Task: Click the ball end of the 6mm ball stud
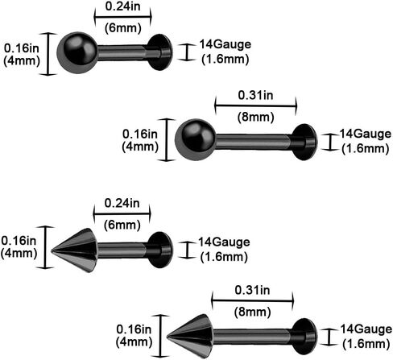[x=77, y=52]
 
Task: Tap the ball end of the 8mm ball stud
[x=195, y=139]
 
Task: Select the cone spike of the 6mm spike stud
[x=75, y=250]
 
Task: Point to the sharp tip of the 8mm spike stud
[x=167, y=336]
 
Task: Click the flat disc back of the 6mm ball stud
[x=160, y=52]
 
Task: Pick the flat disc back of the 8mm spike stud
[x=304, y=337]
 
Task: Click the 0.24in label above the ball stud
[x=122, y=6]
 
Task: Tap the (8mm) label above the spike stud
[x=252, y=312]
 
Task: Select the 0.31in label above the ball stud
[x=255, y=95]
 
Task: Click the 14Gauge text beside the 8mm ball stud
[x=366, y=134]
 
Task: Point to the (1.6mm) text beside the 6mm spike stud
[x=224, y=257]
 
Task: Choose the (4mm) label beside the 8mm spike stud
[x=134, y=342]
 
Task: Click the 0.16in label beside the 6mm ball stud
[x=22, y=48]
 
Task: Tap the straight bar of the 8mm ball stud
[x=254, y=142]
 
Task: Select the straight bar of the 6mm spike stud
[x=122, y=250]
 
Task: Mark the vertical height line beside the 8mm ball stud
[x=167, y=140]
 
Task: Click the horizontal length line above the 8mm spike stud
[x=252, y=300]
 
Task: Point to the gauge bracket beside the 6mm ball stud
[x=187, y=52]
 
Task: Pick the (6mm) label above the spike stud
[x=122, y=225]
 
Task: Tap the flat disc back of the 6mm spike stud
[x=160, y=250]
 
